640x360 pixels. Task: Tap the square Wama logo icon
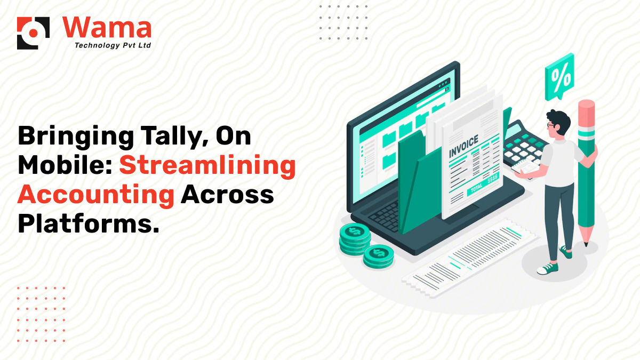[33, 33]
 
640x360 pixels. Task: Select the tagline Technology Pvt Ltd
[113, 45]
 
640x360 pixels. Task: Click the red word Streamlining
[207, 165]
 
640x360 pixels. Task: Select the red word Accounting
[96, 195]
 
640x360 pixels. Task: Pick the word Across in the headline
[227, 195]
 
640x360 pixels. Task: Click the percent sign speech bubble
[559, 78]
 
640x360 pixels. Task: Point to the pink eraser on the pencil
[586, 112]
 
